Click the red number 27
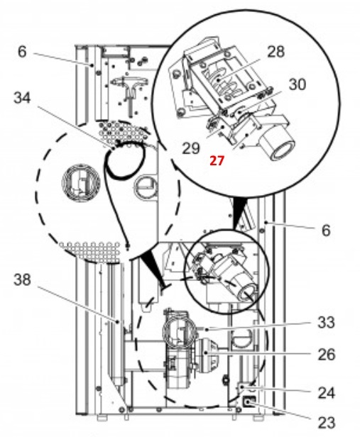(217, 161)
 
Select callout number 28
(276, 52)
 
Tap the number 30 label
(298, 84)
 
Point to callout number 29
(191, 148)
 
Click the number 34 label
(22, 98)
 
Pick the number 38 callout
(22, 280)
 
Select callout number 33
(326, 323)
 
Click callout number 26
(326, 355)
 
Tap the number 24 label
(326, 393)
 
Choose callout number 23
(326, 423)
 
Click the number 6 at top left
(22, 52)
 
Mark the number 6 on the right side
(326, 231)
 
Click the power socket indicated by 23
(249, 402)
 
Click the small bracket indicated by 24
(243, 388)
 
